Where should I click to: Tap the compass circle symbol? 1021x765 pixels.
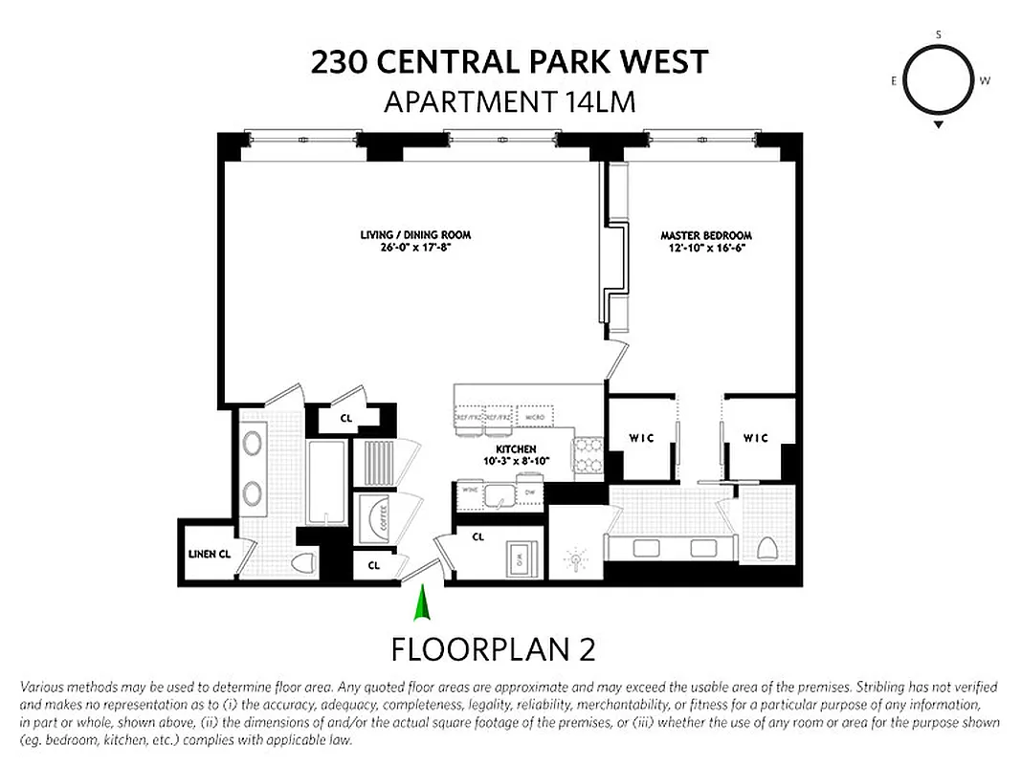938,81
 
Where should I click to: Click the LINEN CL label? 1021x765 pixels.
210,553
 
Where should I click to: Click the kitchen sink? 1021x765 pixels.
499,494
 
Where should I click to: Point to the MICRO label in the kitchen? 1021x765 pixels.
533,418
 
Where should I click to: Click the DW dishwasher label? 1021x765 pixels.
528,492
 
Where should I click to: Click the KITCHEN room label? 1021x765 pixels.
516,448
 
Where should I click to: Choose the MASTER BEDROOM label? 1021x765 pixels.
706,235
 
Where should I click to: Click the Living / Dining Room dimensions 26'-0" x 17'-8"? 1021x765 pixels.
415,248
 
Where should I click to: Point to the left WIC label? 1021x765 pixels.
640,438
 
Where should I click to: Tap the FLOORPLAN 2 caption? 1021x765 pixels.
493,649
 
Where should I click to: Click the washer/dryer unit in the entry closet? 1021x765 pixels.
521,559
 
